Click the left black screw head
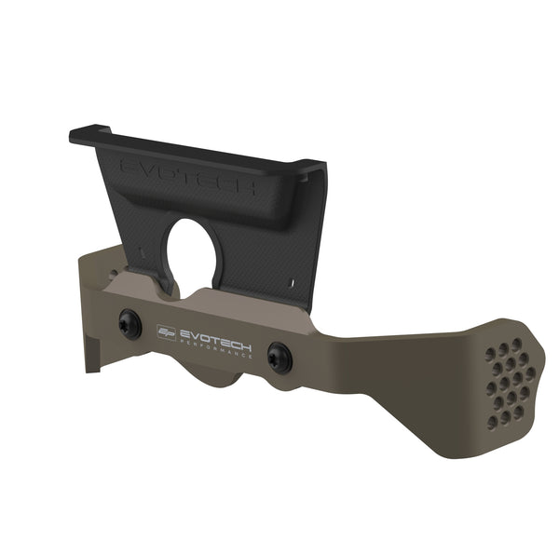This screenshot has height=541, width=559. coord(129,324)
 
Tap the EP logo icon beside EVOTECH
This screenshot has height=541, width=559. coord(167,331)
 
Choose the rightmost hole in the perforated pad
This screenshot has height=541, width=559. coord(530,373)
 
